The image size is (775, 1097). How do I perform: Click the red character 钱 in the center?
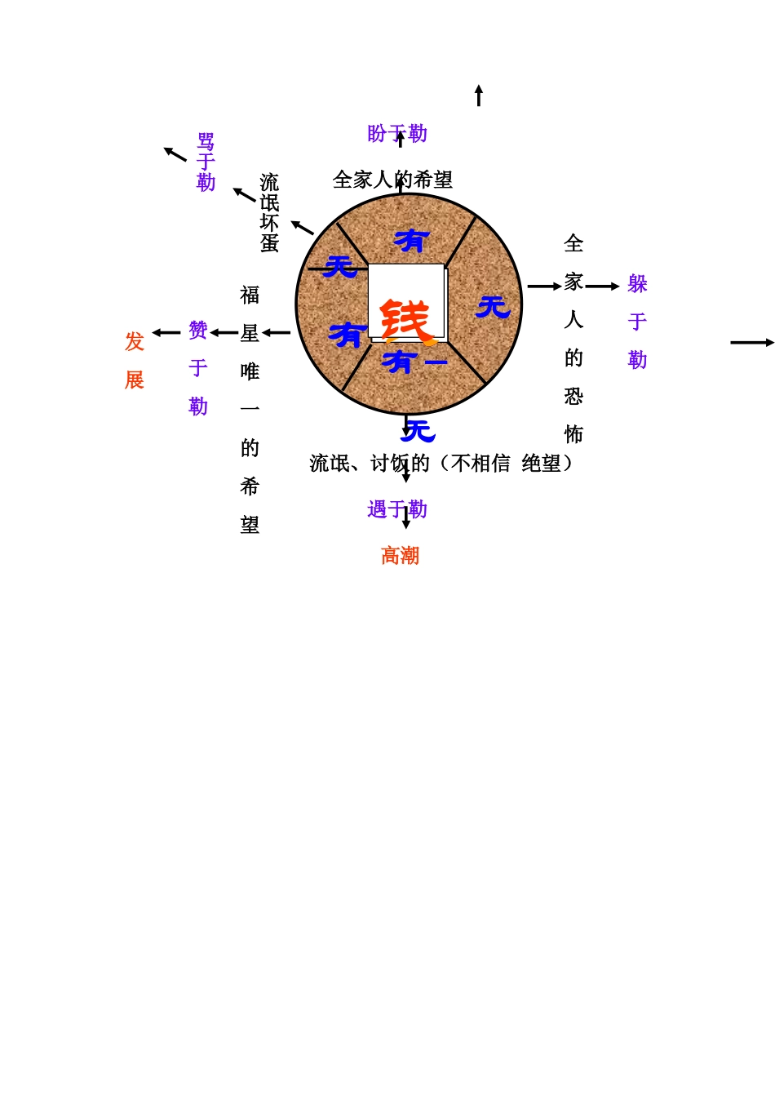click(405, 320)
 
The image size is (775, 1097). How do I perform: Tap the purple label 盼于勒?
click(397, 134)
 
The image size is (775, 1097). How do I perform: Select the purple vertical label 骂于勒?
click(206, 162)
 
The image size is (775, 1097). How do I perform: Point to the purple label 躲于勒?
click(637, 322)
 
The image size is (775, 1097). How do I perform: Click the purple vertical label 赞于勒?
click(198, 368)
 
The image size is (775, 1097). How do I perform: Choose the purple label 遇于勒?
click(397, 510)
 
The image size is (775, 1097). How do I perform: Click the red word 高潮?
click(400, 556)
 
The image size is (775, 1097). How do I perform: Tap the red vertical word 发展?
click(135, 360)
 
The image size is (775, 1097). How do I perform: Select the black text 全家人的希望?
click(392, 180)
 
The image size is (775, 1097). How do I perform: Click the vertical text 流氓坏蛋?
click(269, 212)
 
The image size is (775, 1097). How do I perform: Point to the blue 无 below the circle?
click(418, 430)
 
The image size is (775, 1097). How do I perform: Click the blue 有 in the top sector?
click(411, 241)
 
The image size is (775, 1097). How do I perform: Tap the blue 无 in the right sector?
click(493, 307)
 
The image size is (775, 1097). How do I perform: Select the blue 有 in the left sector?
click(347, 335)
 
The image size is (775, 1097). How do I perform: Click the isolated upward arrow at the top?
click(479, 95)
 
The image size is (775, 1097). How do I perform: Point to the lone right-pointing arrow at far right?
click(751, 343)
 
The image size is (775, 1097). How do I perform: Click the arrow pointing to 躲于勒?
click(602, 286)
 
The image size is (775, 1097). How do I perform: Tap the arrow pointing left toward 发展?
click(166, 333)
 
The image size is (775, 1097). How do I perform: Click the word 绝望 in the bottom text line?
click(541, 464)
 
